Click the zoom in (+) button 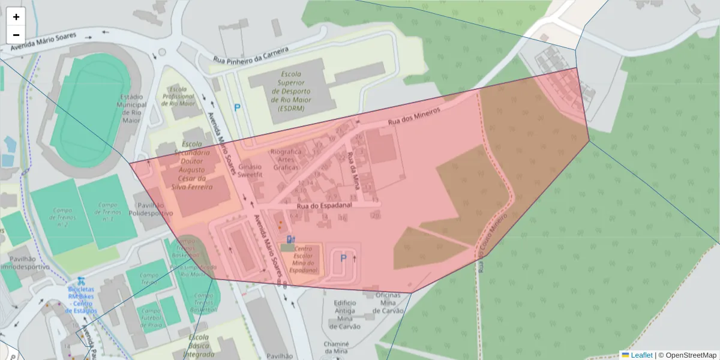click(x=16, y=17)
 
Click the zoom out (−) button click(x=16, y=35)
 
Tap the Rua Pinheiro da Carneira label click(x=251, y=54)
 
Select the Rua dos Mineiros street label click(x=414, y=116)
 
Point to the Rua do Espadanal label click(x=323, y=205)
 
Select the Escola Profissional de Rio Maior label click(x=178, y=96)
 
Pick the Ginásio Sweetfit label click(x=251, y=170)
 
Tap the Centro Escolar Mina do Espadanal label click(x=303, y=259)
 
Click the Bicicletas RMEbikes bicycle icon click(x=80, y=280)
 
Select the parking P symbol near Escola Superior click(x=237, y=108)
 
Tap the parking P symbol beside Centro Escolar click(x=343, y=258)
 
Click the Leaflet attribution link click(x=641, y=355)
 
